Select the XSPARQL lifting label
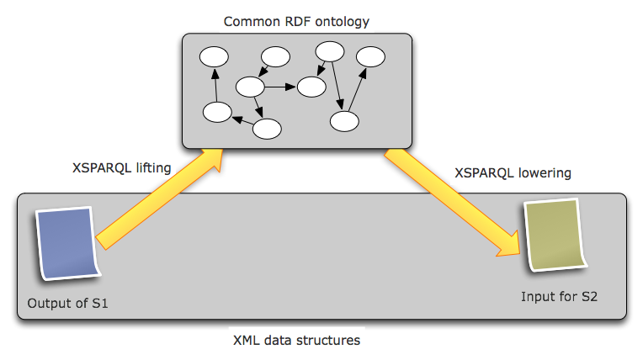coord(123,167)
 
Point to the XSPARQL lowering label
coord(513,173)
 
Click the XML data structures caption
coord(296,341)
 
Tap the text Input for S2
coord(560,297)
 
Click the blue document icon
coord(67,244)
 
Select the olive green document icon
coord(553,235)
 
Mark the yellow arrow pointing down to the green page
coord(454,202)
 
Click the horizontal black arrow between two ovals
coord(281,86)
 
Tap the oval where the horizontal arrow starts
coord(251,86)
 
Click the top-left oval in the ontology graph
coord(214,57)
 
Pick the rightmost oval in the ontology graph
coord(370,57)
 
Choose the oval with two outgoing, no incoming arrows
coord(329,51)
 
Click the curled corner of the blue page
coord(95,269)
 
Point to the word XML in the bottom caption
coord(248,341)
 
